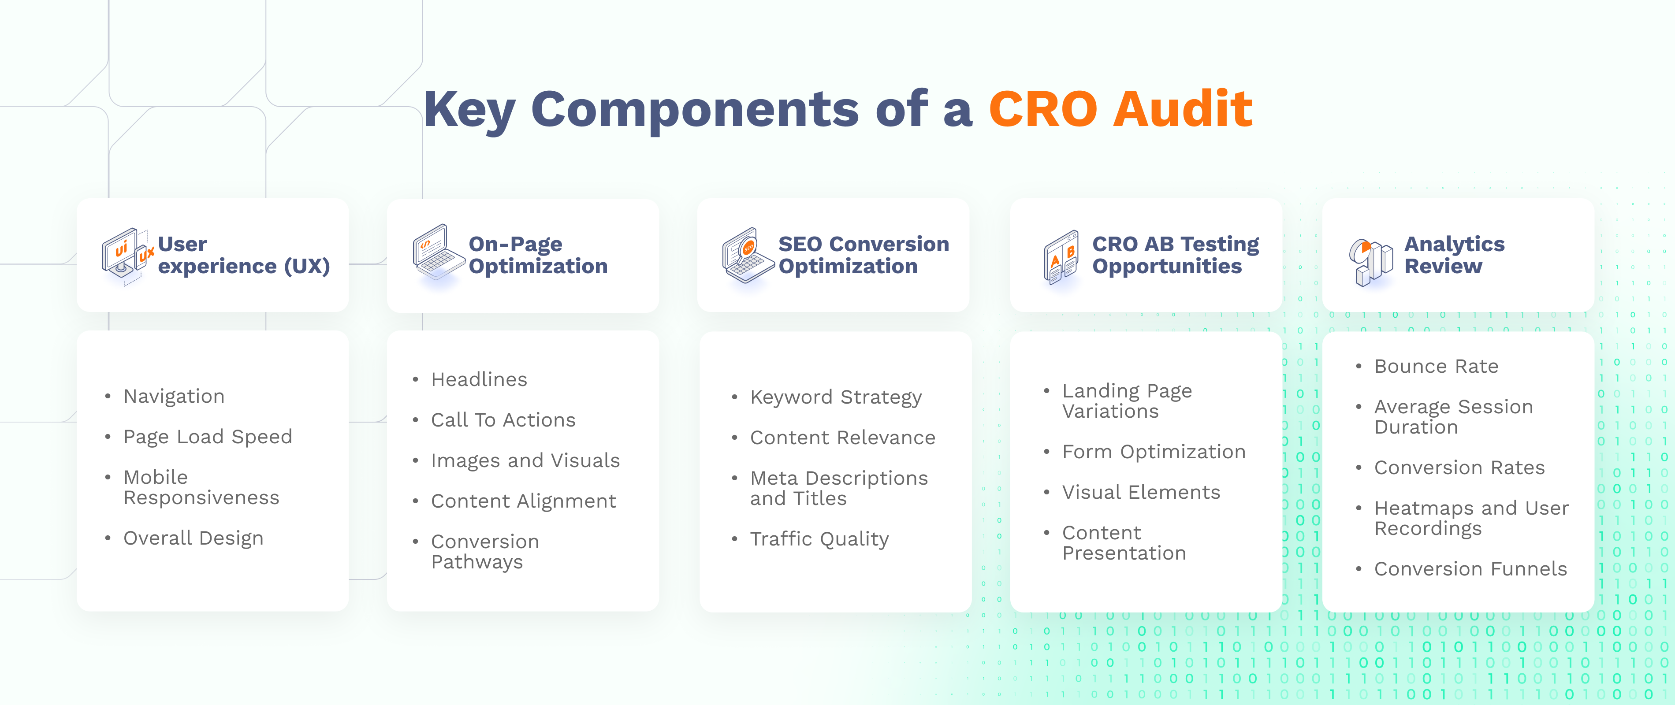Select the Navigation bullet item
pos(174,397)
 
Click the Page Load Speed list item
pos(208,437)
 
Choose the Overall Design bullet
pos(193,538)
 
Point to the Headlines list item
pos(479,379)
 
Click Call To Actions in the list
pos(503,420)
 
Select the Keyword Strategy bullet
pos(836,397)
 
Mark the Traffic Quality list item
pos(819,538)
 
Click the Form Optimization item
pos(1154,452)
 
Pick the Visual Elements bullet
pos(1141,492)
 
